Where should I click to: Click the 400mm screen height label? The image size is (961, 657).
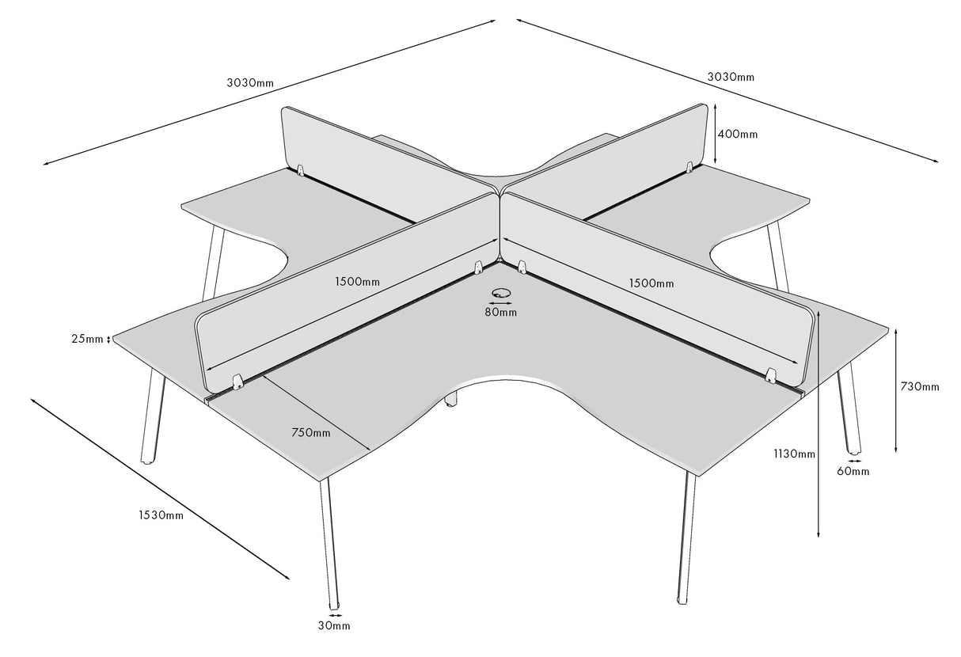click(737, 135)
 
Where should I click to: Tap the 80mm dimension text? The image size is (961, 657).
click(501, 313)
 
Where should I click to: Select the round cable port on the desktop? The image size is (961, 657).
click(500, 292)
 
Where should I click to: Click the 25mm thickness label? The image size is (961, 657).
click(87, 340)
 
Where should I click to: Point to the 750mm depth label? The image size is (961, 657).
click(311, 432)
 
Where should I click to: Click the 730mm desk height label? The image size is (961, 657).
click(920, 386)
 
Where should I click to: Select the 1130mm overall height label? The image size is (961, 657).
click(795, 454)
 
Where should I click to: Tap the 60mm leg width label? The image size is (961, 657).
click(853, 472)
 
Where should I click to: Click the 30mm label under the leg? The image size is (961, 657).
click(334, 626)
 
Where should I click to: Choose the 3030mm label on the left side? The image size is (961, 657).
click(250, 82)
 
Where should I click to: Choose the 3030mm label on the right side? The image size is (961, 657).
click(731, 77)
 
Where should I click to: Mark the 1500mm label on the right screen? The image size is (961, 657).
click(651, 283)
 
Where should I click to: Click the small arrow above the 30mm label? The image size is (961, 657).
click(335, 614)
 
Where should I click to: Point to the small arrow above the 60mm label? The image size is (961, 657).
click(853, 460)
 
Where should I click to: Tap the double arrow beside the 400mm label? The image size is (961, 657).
click(716, 133)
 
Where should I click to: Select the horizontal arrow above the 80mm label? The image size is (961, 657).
click(500, 302)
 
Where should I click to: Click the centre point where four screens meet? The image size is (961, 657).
click(500, 190)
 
